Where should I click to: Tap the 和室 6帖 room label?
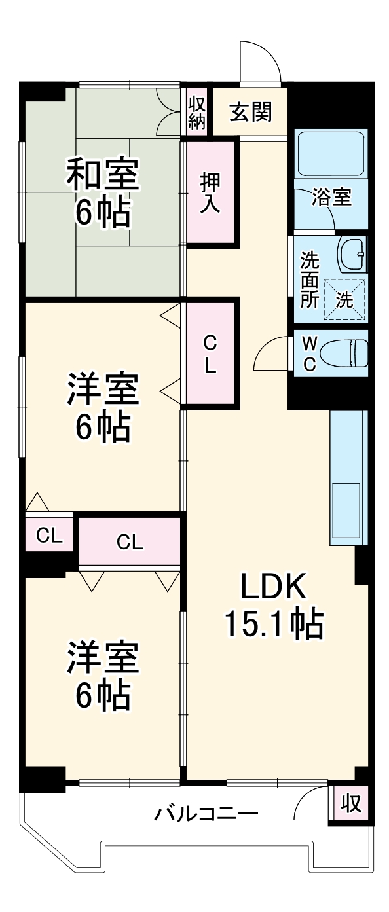[x=102, y=193]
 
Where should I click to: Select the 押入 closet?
[x=210, y=192]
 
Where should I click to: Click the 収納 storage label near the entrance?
[x=196, y=112]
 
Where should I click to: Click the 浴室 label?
[x=331, y=197]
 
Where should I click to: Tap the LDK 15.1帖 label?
[x=273, y=606]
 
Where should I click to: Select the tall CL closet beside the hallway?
[x=210, y=354]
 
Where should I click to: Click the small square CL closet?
[x=49, y=536]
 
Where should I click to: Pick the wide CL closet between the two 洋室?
[x=130, y=541]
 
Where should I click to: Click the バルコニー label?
[x=206, y=815]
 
